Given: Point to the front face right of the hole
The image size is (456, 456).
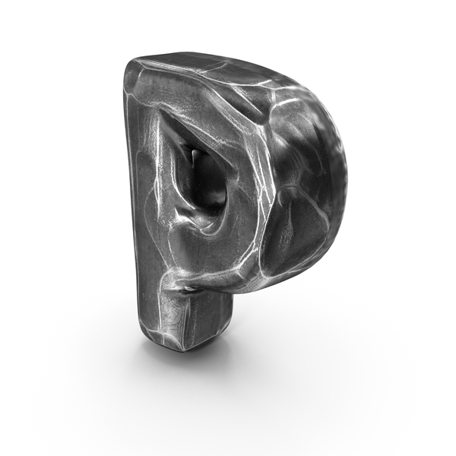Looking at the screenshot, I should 247,190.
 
